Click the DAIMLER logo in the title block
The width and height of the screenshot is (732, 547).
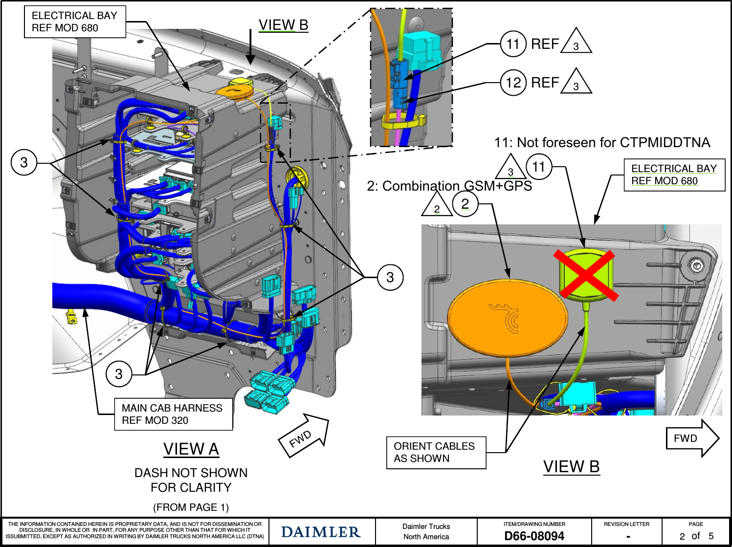point(321,532)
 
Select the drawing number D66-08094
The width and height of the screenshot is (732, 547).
point(534,536)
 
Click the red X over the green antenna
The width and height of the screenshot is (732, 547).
point(585,274)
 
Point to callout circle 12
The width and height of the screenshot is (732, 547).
point(513,83)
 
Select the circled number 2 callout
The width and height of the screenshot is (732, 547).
point(465,203)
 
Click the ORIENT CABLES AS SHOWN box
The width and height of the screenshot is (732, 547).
point(436,453)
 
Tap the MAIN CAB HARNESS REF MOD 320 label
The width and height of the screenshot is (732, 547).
point(173,414)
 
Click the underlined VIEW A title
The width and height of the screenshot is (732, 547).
point(191,449)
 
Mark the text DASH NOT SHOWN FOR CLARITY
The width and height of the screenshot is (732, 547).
point(191,480)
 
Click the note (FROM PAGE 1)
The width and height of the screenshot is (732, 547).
point(191,507)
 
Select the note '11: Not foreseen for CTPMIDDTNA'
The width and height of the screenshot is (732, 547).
point(602,142)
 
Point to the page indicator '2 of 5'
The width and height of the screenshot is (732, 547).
point(696,536)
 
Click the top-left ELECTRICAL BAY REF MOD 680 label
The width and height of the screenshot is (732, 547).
point(75,22)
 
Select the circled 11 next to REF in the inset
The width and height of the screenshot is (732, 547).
point(513,44)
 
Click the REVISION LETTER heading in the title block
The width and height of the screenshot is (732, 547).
point(626,524)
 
